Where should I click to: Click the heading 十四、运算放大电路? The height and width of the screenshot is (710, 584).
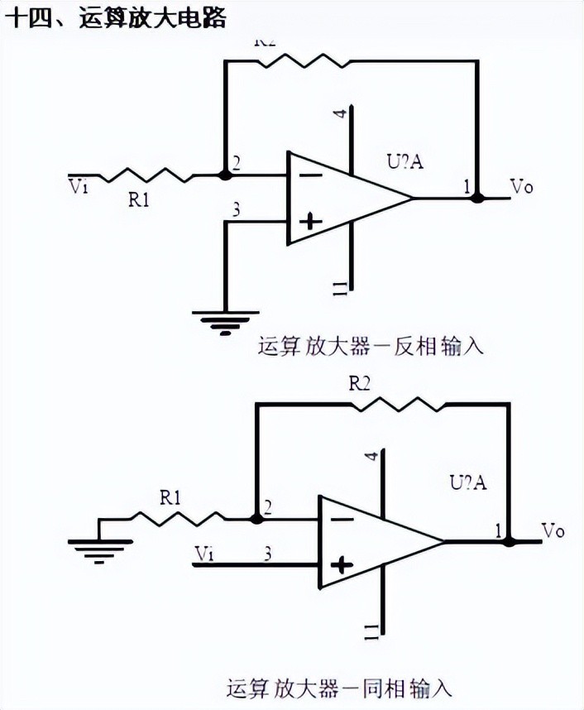pyautogui.click(x=115, y=17)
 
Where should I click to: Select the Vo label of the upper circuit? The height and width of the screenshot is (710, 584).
pyautogui.click(x=522, y=186)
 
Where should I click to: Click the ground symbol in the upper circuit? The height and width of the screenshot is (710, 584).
pyautogui.click(x=221, y=319)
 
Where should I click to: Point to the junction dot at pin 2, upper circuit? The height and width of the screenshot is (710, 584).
pyautogui.click(x=224, y=175)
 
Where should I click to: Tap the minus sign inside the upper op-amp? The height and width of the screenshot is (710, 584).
pyautogui.click(x=310, y=175)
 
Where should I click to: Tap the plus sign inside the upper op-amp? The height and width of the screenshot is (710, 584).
pyautogui.click(x=310, y=220)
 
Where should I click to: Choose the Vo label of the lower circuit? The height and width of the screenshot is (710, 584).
pyautogui.click(x=553, y=530)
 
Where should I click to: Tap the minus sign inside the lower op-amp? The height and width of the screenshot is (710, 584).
pyautogui.click(x=342, y=519)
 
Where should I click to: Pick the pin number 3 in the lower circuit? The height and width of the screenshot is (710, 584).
pyautogui.click(x=267, y=551)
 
